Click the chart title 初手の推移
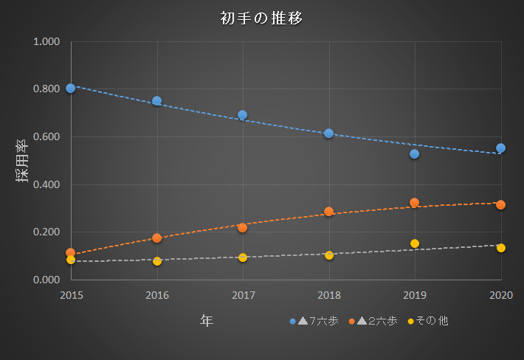pyautogui.click(x=261, y=18)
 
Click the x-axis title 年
pyautogui.click(x=207, y=320)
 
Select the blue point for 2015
pyautogui.click(x=71, y=88)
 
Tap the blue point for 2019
pyautogui.click(x=415, y=154)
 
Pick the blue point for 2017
pyautogui.click(x=243, y=115)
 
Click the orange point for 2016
pyautogui.click(x=157, y=238)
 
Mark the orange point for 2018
pyautogui.click(x=329, y=212)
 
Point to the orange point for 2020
pyautogui.click(x=501, y=204)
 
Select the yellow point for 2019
pyautogui.click(x=415, y=243)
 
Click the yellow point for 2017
pyautogui.click(x=243, y=257)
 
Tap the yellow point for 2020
pyautogui.click(x=501, y=248)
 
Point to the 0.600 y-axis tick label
pyautogui.click(x=46, y=136)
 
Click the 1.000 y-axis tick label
pyautogui.click(x=46, y=41)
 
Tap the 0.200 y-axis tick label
pyautogui.click(x=46, y=232)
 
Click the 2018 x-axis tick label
pyautogui.click(x=329, y=295)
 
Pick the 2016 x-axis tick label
pyautogui.click(x=157, y=295)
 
